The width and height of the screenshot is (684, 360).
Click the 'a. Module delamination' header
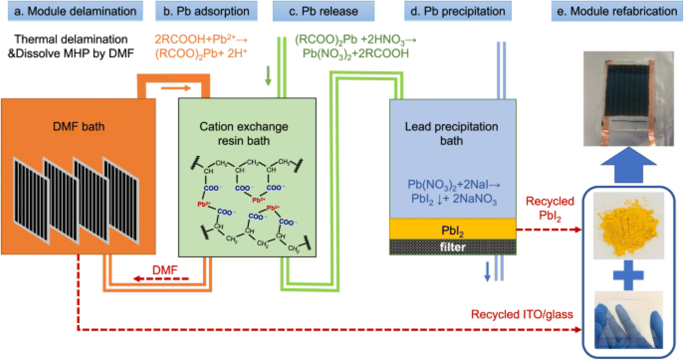point(75,11)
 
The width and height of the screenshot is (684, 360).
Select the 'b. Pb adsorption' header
point(206,11)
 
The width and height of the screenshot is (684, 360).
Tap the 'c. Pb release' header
point(323,11)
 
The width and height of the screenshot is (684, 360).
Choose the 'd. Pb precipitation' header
point(458,11)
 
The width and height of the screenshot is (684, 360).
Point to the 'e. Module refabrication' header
point(617,11)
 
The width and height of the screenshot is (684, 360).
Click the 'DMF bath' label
point(79,127)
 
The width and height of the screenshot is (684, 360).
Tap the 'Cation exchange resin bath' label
point(244,134)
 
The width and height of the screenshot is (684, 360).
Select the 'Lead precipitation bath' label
point(451,134)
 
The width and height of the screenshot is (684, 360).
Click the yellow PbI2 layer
point(453,229)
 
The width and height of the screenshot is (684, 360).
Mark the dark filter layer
point(453,247)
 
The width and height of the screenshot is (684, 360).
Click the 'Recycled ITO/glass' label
point(522,314)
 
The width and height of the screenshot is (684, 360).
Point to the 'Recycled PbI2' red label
point(550,208)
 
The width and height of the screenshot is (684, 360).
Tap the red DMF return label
point(165,270)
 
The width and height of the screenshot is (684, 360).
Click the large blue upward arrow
point(628,165)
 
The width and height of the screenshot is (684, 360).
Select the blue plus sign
point(628,275)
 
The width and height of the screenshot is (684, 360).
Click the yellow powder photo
point(628,225)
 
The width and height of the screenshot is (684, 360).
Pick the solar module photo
point(628,99)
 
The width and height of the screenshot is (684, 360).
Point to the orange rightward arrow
point(176,88)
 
